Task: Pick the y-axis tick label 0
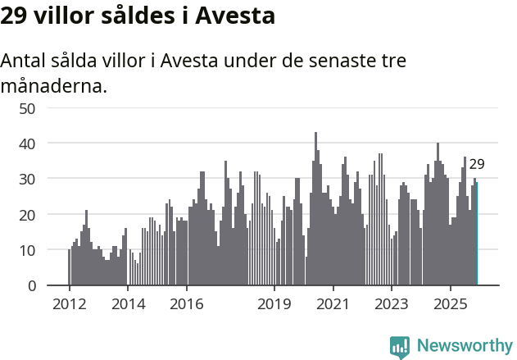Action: point(31,285)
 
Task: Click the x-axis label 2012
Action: point(69,305)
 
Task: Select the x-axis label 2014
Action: point(128,305)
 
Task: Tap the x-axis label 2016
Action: point(187,305)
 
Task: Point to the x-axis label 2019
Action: point(274,305)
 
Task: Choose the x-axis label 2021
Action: point(333,305)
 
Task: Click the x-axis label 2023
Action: point(392,305)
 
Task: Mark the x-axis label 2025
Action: point(450,305)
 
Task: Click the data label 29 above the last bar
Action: point(477,164)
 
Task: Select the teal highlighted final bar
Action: point(477,238)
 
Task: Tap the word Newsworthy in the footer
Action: point(465,345)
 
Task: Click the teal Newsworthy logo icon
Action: point(400,347)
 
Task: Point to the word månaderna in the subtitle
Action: point(53,85)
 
